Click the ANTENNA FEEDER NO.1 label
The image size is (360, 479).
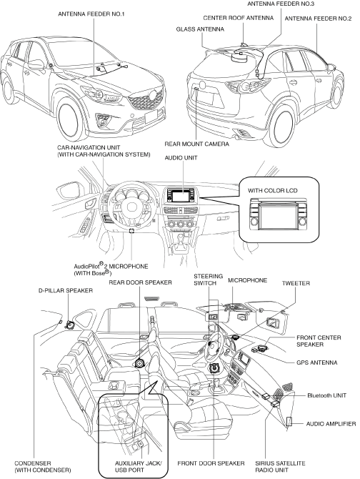91,14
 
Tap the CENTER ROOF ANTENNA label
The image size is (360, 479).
239,18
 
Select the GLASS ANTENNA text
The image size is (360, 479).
200,29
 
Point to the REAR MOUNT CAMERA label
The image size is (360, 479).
196,144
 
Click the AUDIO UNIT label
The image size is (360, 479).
181,158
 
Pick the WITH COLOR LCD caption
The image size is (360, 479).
272,191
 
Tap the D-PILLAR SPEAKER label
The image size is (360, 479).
66,290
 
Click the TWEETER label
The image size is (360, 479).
296,283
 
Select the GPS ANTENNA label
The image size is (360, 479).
317,362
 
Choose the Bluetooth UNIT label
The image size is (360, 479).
326,395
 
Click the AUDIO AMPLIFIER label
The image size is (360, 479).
331,424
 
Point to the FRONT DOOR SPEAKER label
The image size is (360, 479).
211,463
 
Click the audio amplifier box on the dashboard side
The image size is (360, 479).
289,422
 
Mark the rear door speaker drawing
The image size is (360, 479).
139,363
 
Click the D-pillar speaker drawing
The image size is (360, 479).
70,325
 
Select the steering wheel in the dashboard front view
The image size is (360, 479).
133,205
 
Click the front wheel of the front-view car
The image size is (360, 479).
71,119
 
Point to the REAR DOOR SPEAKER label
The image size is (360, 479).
140,282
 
